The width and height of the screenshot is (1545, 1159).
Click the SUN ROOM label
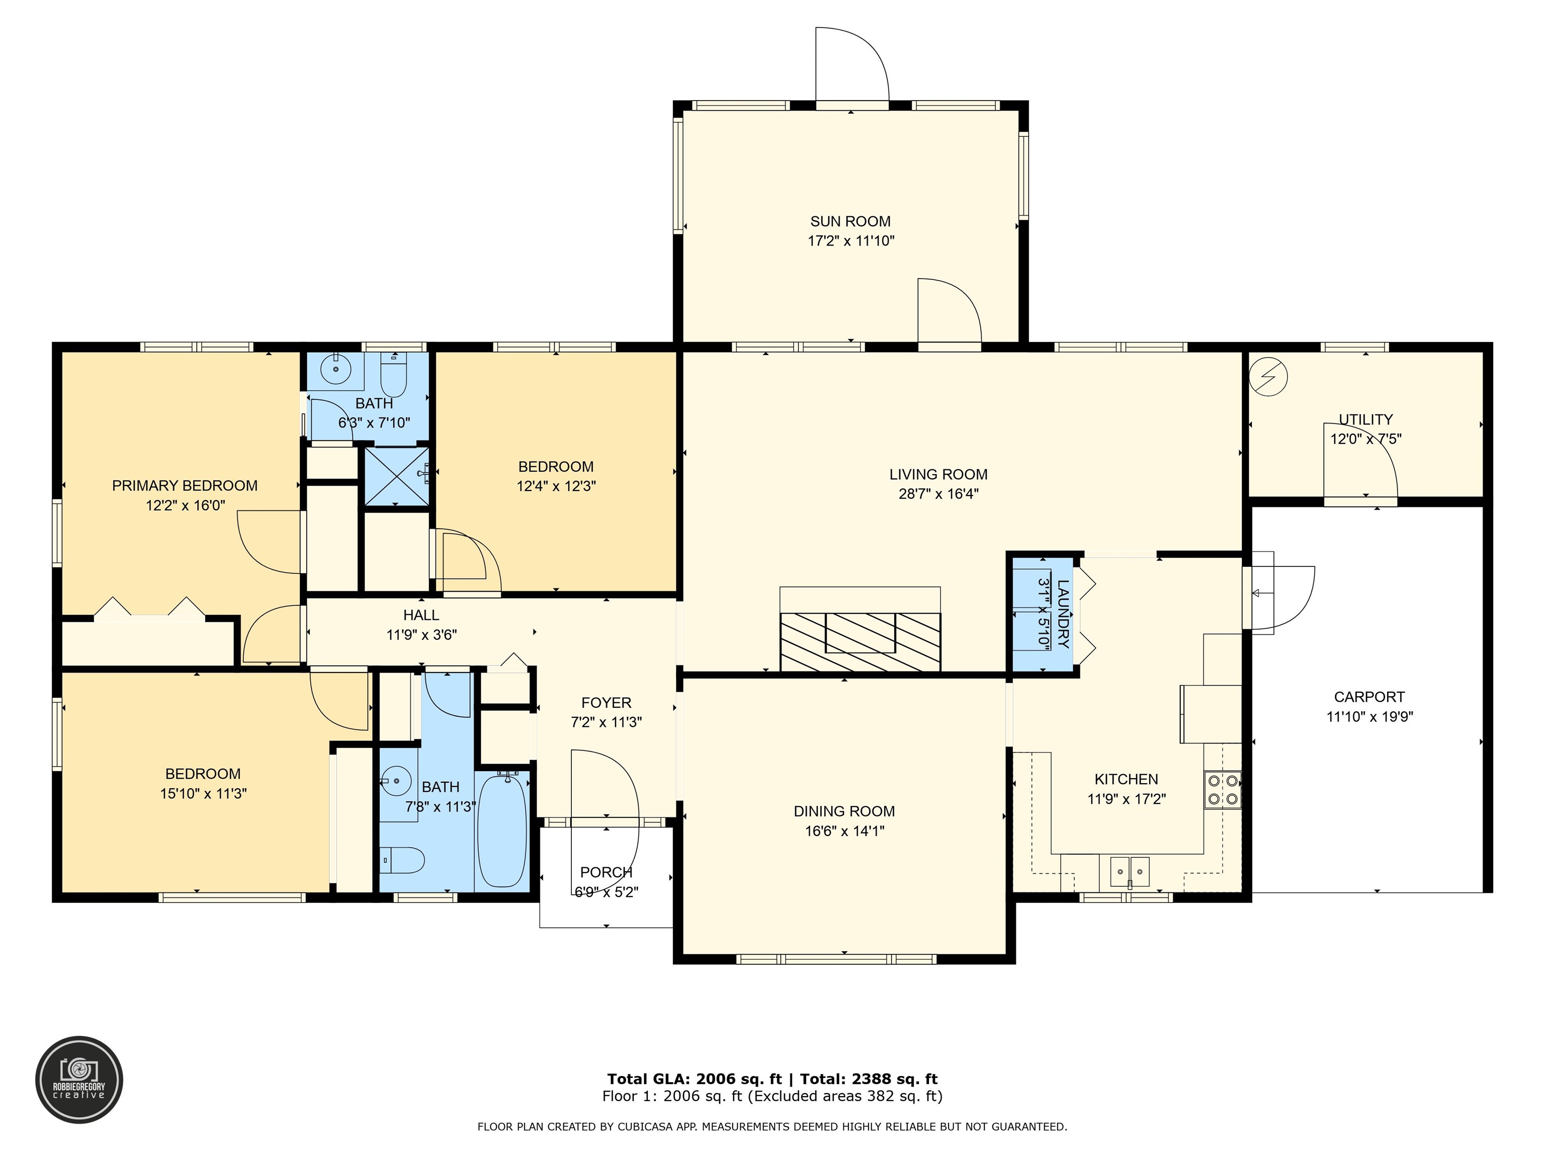coord(850,221)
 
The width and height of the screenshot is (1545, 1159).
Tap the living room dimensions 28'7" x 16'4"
coord(938,494)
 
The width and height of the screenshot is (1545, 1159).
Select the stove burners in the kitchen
coord(1222,789)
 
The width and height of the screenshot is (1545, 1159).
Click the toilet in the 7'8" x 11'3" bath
coord(404,860)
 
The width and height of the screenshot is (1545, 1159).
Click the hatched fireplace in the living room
coord(860,641)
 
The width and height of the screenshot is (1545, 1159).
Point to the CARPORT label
coord(1369,697)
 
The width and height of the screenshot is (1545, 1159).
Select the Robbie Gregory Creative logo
coord(79,1080)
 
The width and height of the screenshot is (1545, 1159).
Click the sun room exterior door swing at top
coord(851,66)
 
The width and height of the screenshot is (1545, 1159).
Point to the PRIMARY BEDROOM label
coord(185,485)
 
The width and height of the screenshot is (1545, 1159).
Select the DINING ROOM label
coord(844,811)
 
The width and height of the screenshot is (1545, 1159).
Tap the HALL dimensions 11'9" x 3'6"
coord(421,635)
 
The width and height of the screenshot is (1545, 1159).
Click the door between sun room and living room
coord(949,312)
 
